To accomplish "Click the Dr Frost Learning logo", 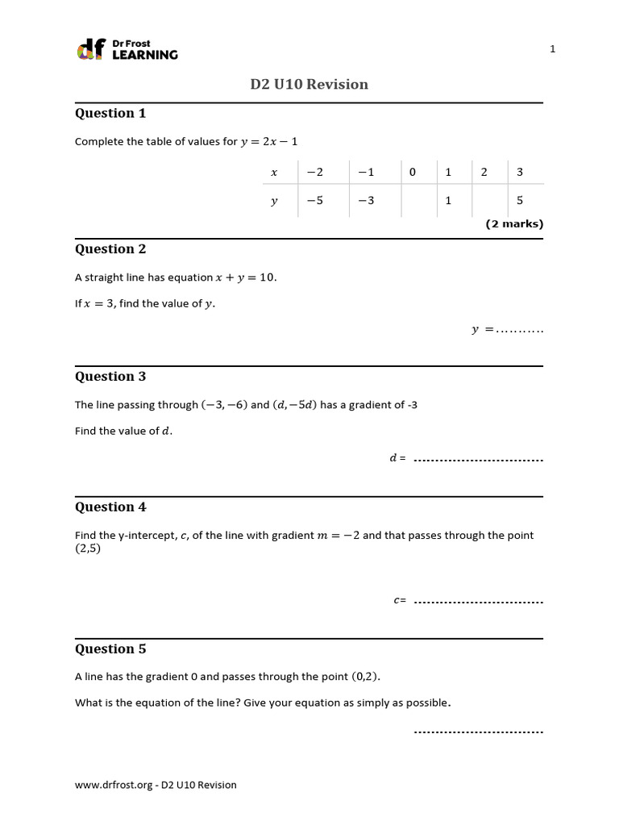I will [127, 49].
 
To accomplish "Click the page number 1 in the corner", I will [553, 49].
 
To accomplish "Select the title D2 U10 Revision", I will [309, 85].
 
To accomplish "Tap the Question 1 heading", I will [110, 114].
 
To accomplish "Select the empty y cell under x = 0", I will [413, 201].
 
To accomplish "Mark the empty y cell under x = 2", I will [484, 201].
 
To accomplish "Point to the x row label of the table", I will [274, 172].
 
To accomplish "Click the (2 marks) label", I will [514, 224].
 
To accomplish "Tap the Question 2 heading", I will [110, 249].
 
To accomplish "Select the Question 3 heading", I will [110, 377].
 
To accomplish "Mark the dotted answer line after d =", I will [478, 460].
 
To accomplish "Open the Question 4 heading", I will [110, 507].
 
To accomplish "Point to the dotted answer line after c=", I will [478, 602].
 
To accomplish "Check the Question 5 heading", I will [110, 649].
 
